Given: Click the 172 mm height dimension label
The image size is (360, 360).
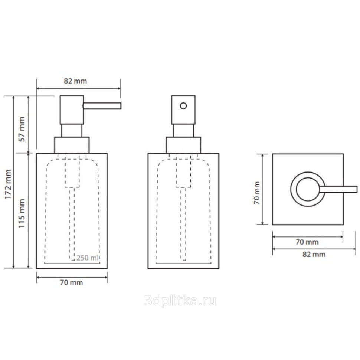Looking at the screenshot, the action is [8, 184].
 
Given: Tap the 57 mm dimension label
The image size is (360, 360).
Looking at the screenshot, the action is [22, 129].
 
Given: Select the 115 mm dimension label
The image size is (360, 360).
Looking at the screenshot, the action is [22, 213].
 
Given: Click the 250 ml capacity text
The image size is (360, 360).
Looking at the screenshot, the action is [88, 258].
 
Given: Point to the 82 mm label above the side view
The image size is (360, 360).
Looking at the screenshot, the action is [75, 81].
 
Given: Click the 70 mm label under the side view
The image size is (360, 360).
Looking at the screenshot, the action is [71, 282].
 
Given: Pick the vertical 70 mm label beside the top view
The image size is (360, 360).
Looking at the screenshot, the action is [257, 193].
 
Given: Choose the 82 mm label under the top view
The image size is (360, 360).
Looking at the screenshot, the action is [314, 254].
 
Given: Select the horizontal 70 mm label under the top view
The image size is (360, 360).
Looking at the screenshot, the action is [307, 242].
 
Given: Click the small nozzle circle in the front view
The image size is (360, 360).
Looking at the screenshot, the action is [183, 106].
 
